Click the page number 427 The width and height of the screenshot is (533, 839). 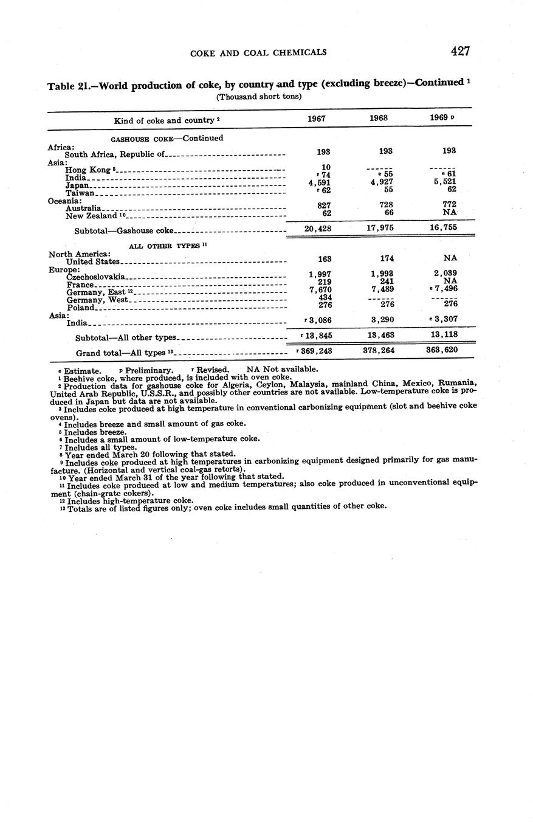(x=460, y=51)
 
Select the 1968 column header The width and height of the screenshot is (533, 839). (x=379, y=118)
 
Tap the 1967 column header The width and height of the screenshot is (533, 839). (x=317, y=119)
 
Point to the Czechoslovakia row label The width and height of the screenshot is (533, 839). (x=96, y=277)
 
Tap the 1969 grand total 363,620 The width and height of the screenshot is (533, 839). (x=442, y=350)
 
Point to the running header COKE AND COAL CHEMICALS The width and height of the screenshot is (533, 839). (x=258, y=52)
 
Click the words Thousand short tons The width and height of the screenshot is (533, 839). (x=259, y=97)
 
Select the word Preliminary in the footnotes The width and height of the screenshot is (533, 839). (x=149, y=370)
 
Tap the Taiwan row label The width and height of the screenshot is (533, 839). (x=80, y=193)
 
